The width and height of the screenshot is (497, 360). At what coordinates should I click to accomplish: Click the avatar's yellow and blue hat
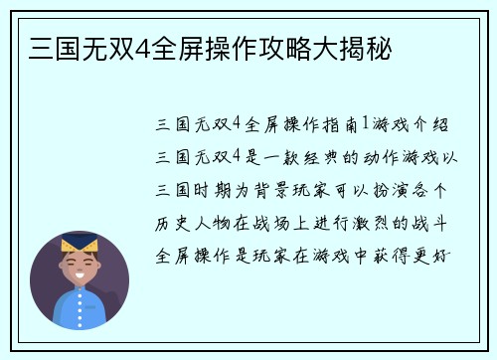[80, 242]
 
